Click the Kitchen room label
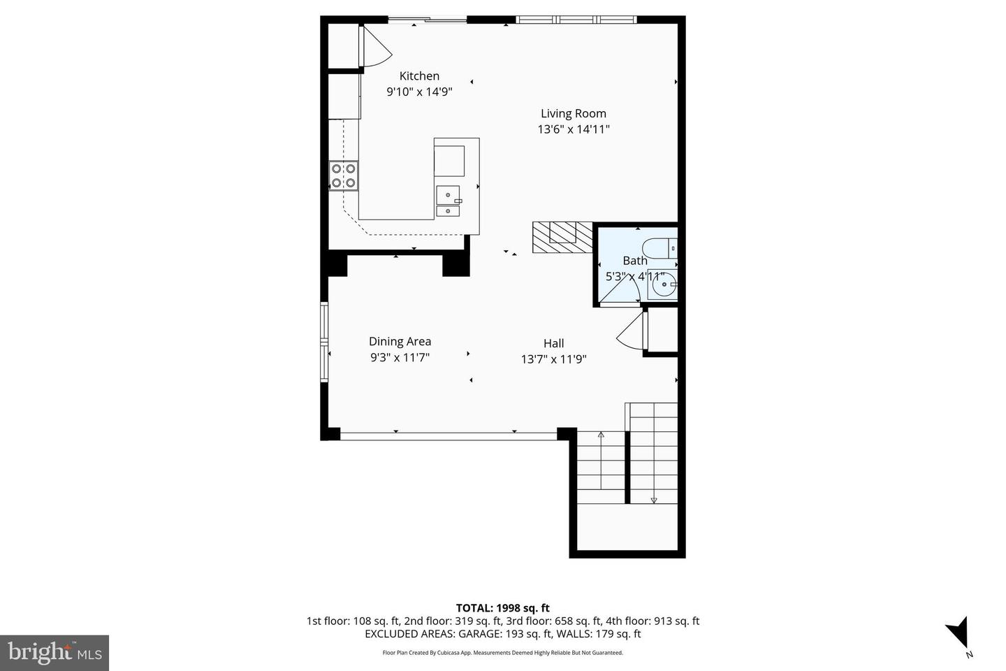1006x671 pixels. pos(419,76)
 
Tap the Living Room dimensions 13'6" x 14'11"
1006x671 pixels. pos(573,129)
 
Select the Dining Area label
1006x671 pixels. pos(400,342)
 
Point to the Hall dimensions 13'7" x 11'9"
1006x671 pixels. pos(553,359)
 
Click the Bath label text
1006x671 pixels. pos(634,261)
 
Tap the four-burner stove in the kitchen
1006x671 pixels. pos(344,175)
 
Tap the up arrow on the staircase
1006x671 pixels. pos(601,435)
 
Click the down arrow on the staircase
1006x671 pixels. pos(654,499)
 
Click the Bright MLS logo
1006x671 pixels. pos(54,653)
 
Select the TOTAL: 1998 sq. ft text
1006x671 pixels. pos(502,608)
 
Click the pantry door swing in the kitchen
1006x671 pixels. pos(375,48)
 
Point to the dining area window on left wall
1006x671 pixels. pos(324,342)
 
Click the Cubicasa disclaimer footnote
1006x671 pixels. pos(502,653)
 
